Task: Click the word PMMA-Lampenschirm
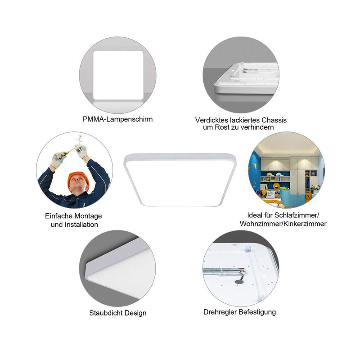pos(117,119)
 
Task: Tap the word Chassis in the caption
pos(274,120)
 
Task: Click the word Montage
pos(88,216)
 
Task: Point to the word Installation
pos(81,225)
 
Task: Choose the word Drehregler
pos(220,312)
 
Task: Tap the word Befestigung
pos(257,312)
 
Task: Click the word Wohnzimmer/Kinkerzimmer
pos(283,224)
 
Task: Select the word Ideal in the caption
pos(255,215)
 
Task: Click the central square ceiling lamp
pos(180,180)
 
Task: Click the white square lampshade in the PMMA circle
pos(118,75)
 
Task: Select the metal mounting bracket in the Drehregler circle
pos(224,272)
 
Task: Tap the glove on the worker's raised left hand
pos(82,151)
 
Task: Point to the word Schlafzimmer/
pos(297,215)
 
